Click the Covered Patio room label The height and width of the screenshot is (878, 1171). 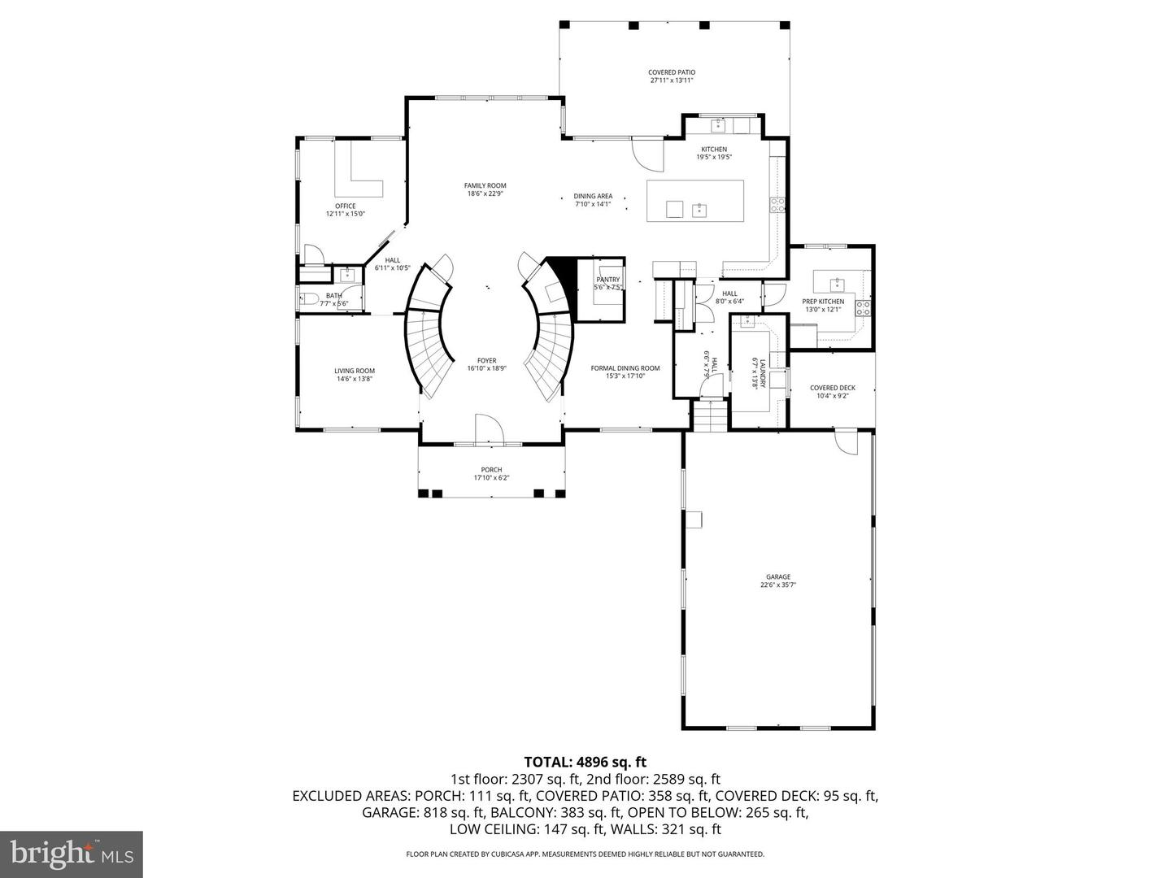pyautogui.click(x=671, y=76)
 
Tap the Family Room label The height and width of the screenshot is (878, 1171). pyautogui.click(x=485, y=189)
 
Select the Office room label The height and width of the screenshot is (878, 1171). pyautogui.click(x=345, y=210)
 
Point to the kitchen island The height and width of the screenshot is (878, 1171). pyautogui.click(x=694, y=201)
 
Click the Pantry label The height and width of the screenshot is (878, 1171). pyautogui.click(x=607, y=283)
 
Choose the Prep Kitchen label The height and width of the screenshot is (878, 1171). pyautogui.click(x=823, y=305)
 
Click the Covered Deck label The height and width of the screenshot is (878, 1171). pyautogui.click(x=832, y=391)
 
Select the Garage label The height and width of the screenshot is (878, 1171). pyautogui.click(x=777, y=580)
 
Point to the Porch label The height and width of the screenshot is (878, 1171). pyautogui.click(x=491, y=473)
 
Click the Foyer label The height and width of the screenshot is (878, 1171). pyautogui.click(x=486, y=364)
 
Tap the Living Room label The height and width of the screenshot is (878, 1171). pyautogui.click(x=355, y=375)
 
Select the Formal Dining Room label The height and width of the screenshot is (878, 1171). pyautogui.click(x=625, y=372)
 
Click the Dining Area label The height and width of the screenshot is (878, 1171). pyautogui.click(x=593, y=199)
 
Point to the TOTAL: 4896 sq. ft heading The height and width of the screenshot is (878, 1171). pyautogui.click(x=585, y=762)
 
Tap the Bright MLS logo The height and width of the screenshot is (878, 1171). pyautogui.click(x=72, y=854)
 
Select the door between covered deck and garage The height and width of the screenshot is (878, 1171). pyautogui.click(x=846, y=442)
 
